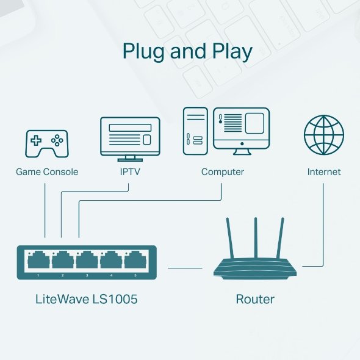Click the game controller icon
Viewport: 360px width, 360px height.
pos(46,143)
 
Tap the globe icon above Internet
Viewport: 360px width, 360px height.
pos(323,135)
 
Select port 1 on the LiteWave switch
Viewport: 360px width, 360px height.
pos(38,261)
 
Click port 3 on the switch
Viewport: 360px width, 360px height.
pos(87,261)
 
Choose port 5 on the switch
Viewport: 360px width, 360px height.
pos(135,261)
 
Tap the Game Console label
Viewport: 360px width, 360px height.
pos(47,172)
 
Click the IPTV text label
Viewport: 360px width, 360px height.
pos(130,172)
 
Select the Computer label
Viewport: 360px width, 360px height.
pos(223,172)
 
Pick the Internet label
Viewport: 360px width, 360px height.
pos(324,172)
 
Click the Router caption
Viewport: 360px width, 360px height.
pos(255,300)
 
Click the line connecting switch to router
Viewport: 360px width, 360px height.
pos(185,267)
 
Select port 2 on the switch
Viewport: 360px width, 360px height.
pos(62,261)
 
